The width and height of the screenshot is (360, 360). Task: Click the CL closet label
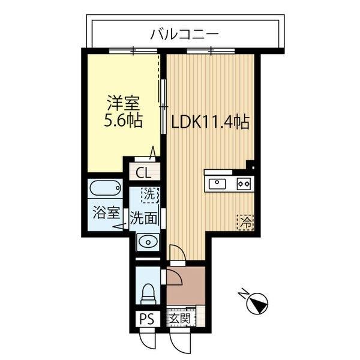click(143, 173)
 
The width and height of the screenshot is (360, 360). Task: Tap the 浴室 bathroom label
click(106, 213)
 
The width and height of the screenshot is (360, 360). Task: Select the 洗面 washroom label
click(144, 217)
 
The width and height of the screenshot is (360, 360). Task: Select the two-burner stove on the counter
click(244, 183)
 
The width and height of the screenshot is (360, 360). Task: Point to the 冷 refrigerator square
click(245, 221)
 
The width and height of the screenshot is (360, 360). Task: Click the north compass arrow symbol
click(258, 302)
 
